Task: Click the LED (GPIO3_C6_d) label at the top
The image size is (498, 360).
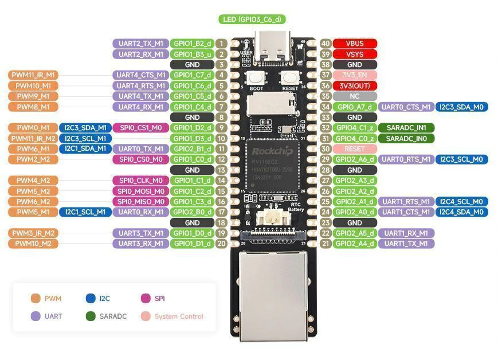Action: [252, 19]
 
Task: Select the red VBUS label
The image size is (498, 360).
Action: [355, 44]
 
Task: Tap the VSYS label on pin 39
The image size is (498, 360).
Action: [355, 54]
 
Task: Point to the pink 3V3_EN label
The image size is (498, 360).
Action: [355, 75]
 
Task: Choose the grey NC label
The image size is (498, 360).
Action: [355, 96]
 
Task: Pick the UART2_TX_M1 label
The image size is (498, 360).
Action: [140, 44]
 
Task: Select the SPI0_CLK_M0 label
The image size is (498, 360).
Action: [140, 181]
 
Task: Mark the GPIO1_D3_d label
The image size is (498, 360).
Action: [193, 138]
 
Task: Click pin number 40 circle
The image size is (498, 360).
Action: [326, 44]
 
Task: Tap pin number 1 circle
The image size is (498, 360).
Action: [221, 44]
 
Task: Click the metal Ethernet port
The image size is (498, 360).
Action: [273, 292]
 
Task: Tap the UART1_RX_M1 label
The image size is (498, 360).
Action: [406, 233]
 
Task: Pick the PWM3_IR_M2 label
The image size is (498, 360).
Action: [33, 233]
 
